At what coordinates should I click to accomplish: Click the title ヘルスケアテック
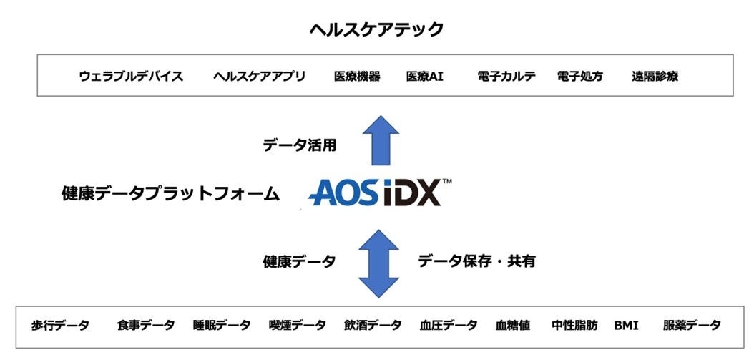point(376,29)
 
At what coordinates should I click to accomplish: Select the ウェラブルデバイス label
point(131,77)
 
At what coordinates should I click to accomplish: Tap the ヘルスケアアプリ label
point(259,77)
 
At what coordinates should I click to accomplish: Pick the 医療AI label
point(424,77)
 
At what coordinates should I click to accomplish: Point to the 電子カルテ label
point(506,77)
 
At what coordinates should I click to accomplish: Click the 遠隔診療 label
point(655,77)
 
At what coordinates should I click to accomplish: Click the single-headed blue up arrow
point(380,141)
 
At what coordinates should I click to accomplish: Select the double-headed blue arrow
point(378,263)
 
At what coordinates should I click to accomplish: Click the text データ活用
point(299,145)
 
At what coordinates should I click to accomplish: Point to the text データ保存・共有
point(476,261)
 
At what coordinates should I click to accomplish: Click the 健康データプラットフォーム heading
point(170,194)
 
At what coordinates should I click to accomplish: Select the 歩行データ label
point(60,326)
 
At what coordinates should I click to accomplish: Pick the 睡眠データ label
point(222,326)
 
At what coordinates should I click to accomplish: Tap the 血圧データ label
point(449,326)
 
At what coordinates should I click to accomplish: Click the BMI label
point(626,326)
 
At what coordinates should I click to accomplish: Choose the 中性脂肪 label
point(574,326)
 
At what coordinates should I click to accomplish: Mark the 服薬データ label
point(692,326)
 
